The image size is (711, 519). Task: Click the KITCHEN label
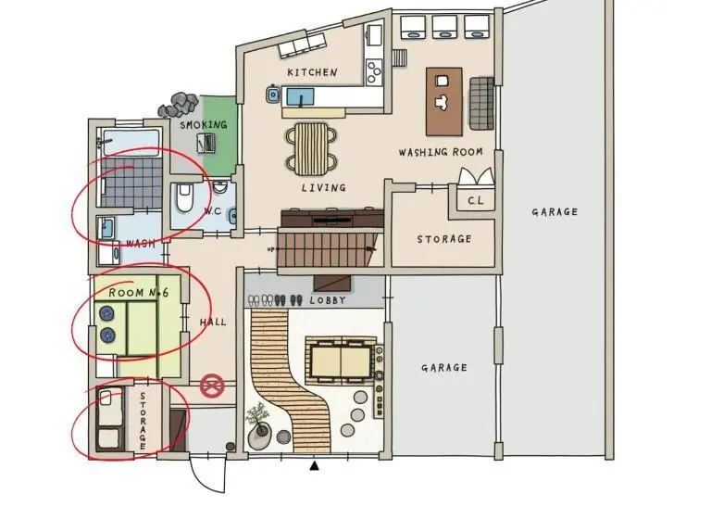tap(312, 72)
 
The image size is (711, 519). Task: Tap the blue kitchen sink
tap(300, 97)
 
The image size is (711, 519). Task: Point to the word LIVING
tap(323, 187)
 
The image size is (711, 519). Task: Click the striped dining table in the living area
tap(311, 148)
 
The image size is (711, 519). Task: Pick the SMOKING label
tap(204, 124)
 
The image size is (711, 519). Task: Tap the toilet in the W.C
tap(184, 198)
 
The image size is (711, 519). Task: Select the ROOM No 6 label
tap(139, 293)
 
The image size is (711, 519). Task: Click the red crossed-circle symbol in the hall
tap(212, 386)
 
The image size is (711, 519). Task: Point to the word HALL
tap(213, 322)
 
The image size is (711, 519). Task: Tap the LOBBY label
tap(328, 300)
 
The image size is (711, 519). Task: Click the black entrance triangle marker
tap(314, 465)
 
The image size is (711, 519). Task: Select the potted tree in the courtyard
tap(258, 421)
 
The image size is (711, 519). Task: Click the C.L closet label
tap(475, 200)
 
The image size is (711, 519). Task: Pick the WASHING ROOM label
tap(441, 152)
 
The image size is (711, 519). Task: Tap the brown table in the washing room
tap(444, 102)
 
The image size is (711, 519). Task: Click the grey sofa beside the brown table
tap(481, 103)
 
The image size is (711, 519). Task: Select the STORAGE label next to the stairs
tap(444, 239)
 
